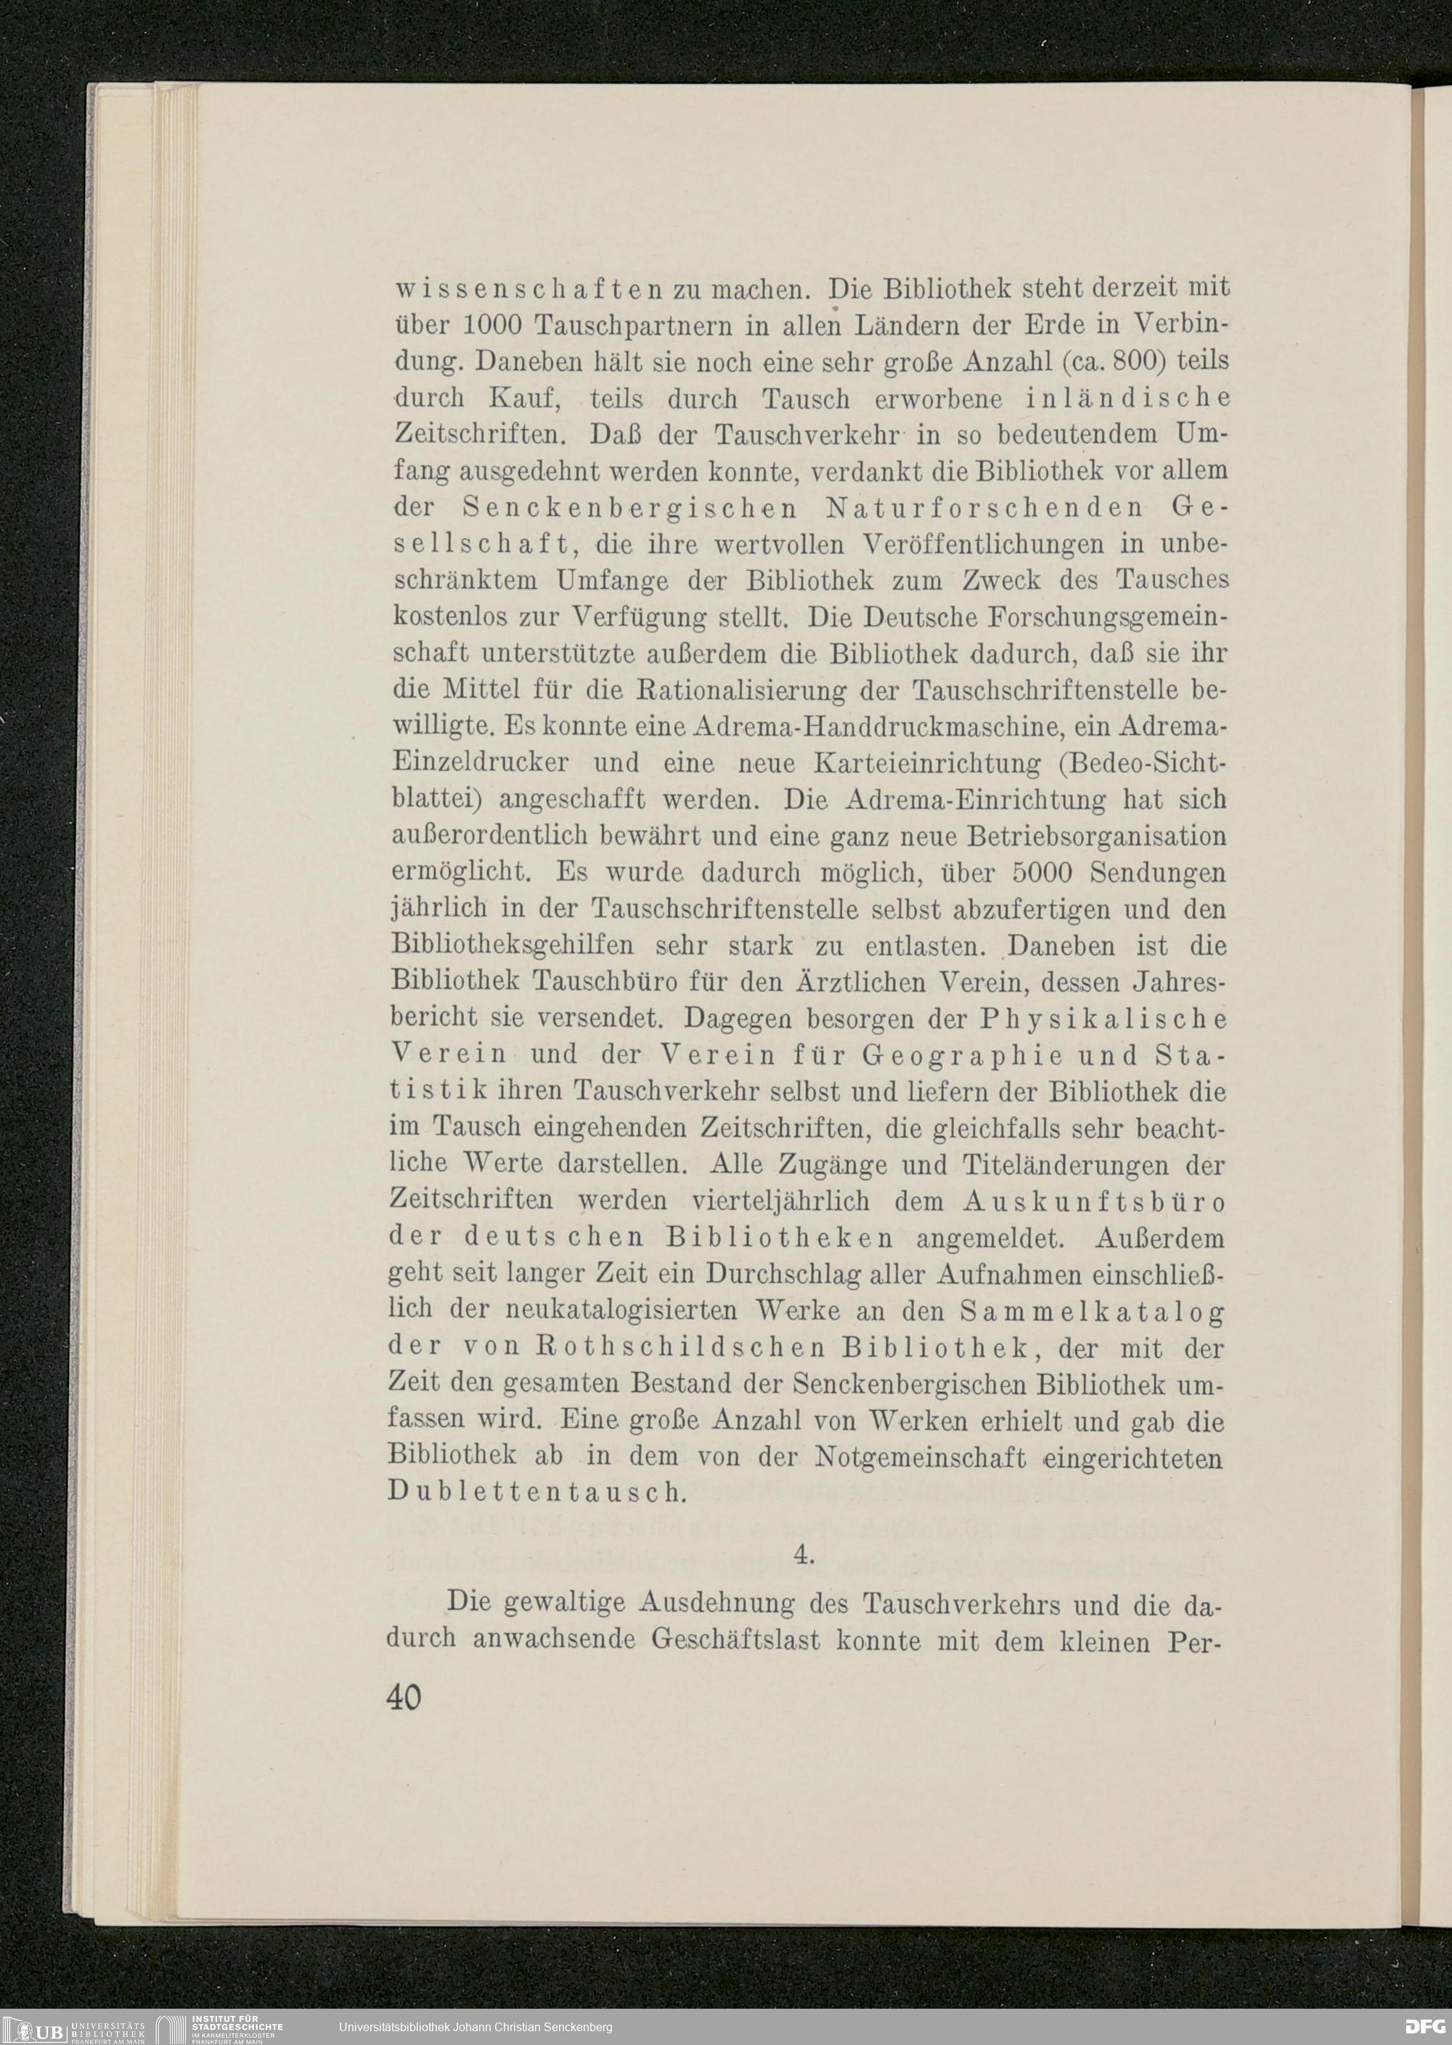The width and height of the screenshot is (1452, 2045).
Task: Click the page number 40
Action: (405, 1697)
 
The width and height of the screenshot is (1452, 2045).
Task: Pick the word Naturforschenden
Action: (974, 507)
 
